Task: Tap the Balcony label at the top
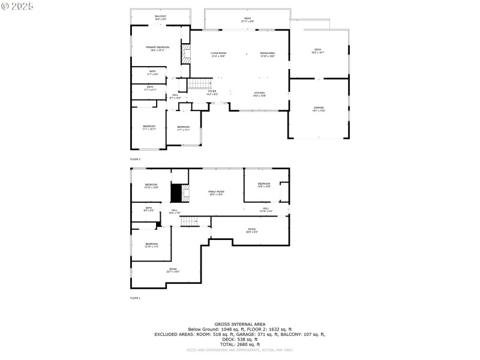(161, 17)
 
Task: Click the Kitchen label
(259, 94)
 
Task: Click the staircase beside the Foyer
(200, 83)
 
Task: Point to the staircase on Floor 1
(190, 222)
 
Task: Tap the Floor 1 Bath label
(148, 209)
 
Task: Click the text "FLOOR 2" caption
(135, 159)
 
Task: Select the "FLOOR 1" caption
(135, 298)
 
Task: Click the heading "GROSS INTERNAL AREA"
(239, 324)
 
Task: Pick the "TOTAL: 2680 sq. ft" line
(239, 344)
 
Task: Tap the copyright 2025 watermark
(17, 5)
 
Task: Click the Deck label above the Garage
(318, 51)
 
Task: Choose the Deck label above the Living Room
(247, 20)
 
